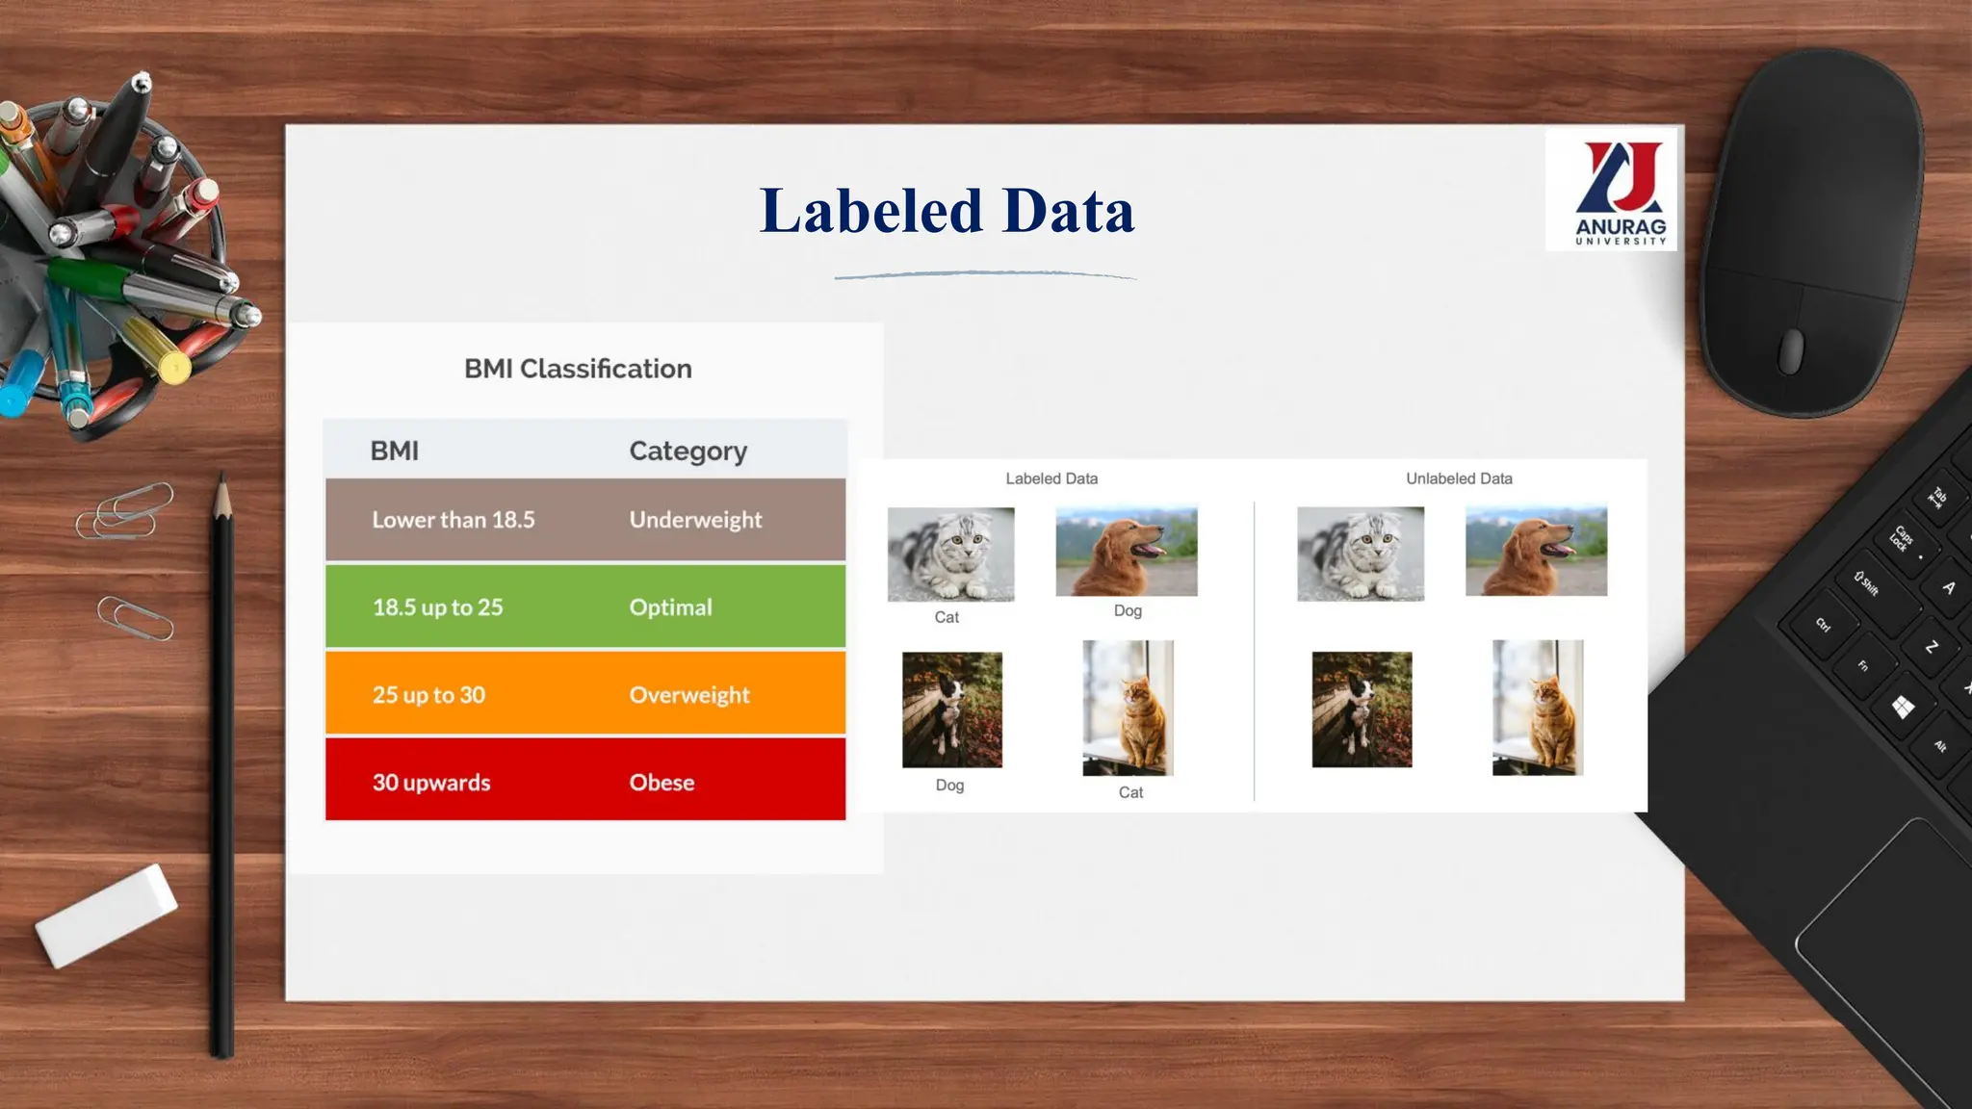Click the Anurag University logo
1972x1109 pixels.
[1611, 191]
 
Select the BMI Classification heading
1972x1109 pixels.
[578, 369]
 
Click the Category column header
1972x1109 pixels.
[688, 451]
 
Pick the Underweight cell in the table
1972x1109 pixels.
[695, 520]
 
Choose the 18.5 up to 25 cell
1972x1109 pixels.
[438, 607]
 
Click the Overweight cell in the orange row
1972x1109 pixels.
[689, 695]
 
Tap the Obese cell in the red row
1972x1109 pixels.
[662, 783]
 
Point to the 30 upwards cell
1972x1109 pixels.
[431, 783]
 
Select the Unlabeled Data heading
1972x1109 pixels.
[1459, 478]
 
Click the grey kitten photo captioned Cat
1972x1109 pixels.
[950, 554]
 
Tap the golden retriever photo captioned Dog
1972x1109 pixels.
[1127, 551]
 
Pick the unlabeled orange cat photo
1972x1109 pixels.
[1538, 708]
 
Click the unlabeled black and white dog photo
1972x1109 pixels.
[1362, 709]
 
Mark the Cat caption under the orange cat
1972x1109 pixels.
[1130, 792]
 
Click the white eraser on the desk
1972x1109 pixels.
[106, 915]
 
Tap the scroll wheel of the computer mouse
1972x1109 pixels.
[1790, 350]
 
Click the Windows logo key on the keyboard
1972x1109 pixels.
[1903, 708]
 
